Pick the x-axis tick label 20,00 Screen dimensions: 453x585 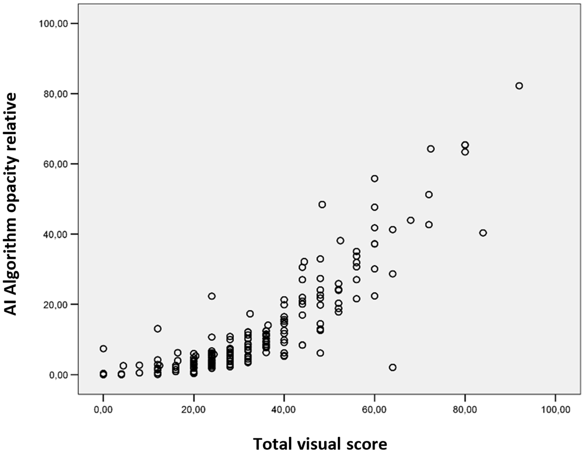click(194, 407)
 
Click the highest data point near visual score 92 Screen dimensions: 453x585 click(519, 86)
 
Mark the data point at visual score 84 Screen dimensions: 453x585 click(483, 233)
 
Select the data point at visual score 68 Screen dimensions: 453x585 click(410, 220)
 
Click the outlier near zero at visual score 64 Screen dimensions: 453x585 click(392, 367)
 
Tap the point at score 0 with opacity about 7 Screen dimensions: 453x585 click(103, 349)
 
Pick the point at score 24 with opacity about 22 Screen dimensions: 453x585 click(212, 296)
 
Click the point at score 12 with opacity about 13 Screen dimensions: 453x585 click(157, 329)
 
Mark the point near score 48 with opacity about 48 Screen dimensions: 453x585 click(322, 205)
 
